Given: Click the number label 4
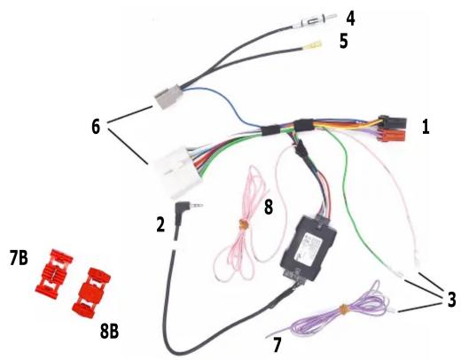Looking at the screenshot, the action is pyautogui.click(x=351, y=19).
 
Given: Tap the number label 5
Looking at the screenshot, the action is pyautogui.click(x=343, y=41).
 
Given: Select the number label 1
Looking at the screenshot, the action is pyautogui.click(x=426, y=128).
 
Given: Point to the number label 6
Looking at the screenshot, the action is pyautogui.click(x=96, y=127).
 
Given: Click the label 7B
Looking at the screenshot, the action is pyautogui.click(x=19, y=258).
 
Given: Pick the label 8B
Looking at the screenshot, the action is pyautogui.click(x=109, y=332).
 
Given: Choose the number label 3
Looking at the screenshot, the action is pyautogui.click(x=451, y=300).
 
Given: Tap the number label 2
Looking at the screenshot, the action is pyautogui.click(x=160, y=224).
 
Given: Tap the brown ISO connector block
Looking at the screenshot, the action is pyautogui.click(x=392, y=137).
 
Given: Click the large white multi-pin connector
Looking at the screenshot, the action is pyautogui.click(x=175, y=171).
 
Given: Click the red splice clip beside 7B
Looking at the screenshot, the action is pyautogui.click(x=54, y=274).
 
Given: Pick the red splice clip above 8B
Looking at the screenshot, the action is pyautogui.click(x=91, y=293).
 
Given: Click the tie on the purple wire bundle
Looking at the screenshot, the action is pyautogui.click(x=343, y=309).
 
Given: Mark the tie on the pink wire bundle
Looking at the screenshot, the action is pyautogui.click(x=244, y=225).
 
